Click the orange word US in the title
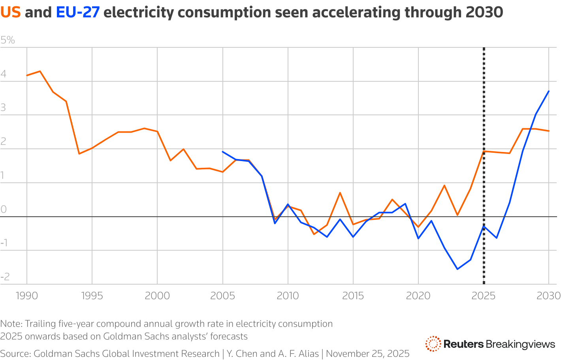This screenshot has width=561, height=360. (x=10, y=13)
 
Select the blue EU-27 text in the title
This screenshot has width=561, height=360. (x=77, y=13)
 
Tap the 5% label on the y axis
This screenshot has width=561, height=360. (x=8, y=40)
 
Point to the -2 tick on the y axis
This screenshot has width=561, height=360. (x=5, y=277)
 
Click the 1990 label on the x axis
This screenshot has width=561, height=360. (x=26, y=296)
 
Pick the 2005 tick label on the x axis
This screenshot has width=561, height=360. (x=222, y=296)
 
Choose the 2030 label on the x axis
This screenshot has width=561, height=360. (x=548, y=296)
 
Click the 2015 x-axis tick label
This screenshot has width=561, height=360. (x=353, y=296)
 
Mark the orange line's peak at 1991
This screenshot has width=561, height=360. (x=40, y=71)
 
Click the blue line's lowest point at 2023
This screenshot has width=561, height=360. (x=457, y=269)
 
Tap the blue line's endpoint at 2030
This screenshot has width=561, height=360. (x=549, y=91)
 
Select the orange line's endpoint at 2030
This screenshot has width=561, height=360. (x=549, y=131)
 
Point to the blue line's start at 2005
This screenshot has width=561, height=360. (x=223, y=152)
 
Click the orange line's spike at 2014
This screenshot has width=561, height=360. (x=340, y=193)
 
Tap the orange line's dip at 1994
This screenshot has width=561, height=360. (x=79, y=154)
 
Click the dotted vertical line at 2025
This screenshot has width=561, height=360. (x=484, y=118)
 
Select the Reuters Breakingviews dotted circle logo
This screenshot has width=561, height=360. (x=433, y=344)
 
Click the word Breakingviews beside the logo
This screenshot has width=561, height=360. (x=520, y=344)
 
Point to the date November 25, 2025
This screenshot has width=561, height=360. (x=367, y=354)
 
